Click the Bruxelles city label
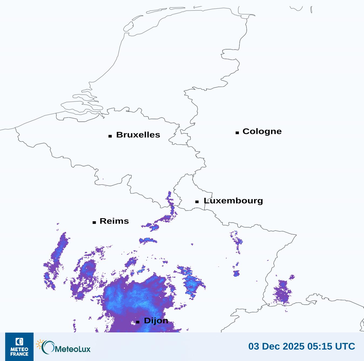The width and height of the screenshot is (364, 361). (138, 135)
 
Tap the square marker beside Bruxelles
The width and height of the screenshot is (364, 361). (110, 136)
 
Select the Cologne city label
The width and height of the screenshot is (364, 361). (262, 131)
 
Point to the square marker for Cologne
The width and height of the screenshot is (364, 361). (237, 132)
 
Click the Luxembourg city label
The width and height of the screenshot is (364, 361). (233, 201)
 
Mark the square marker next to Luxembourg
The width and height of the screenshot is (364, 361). (197, 202)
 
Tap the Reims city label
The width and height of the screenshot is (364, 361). (114, 221)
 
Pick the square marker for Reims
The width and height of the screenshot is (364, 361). (94, 222)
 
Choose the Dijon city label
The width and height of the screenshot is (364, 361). (156, 321)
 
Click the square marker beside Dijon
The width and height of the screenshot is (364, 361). (138, 322)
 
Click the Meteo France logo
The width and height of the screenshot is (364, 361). (19, 346)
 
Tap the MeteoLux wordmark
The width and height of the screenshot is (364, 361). (72, 349)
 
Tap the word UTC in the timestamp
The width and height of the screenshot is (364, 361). (345, 346)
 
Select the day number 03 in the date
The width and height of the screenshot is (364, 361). (253, 346)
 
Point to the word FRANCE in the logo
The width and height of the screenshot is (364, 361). (19, 354)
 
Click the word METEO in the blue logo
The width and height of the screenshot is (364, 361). (19, 350)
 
